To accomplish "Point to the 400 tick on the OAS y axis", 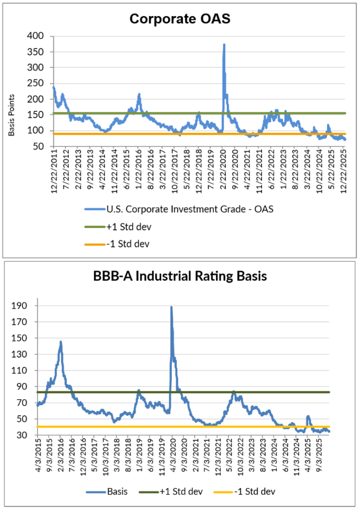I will click(38, 36).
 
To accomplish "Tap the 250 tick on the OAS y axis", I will click(38, 83).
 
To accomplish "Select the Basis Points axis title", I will click(11, 115).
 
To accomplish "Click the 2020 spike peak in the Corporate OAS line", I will click(224, 44).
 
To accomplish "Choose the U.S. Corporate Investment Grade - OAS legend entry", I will click(190, 209).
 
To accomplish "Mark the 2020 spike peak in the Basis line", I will click(171, 307).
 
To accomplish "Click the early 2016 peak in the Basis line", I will click(60, 342).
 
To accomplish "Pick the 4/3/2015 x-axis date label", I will click(37, 458).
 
